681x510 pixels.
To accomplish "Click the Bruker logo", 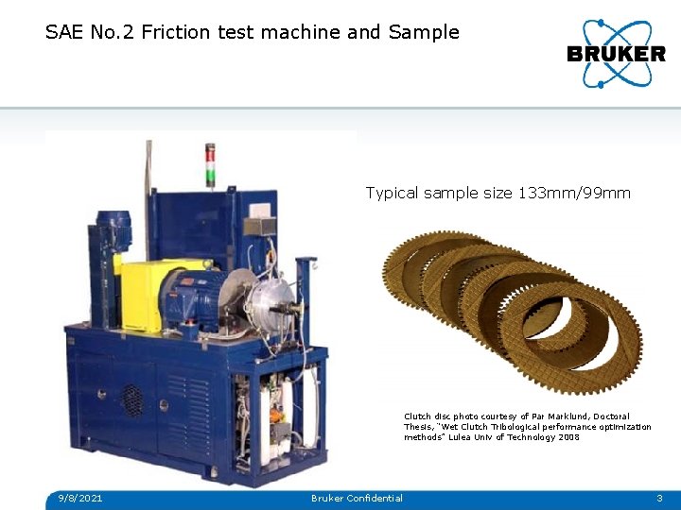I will (616, 54).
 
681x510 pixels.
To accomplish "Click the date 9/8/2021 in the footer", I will (79, 498).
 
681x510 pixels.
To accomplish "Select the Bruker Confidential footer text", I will (357, 498).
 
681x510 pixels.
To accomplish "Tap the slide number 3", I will (659, 498).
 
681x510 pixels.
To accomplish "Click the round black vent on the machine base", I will (132, 399).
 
